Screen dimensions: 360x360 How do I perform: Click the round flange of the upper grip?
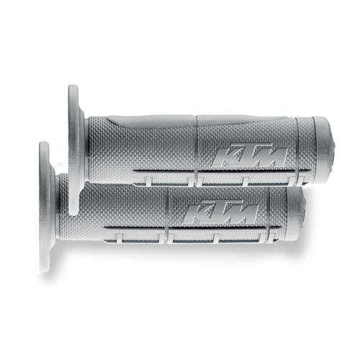click(73, 149)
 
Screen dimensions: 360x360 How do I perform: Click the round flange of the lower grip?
click(45, 207)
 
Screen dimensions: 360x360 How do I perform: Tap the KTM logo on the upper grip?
click(250, 156)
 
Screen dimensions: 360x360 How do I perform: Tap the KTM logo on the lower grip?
click(220, 212)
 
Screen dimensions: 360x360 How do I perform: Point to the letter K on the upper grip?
click(225, 156)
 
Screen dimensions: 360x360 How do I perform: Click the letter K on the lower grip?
click(195, 212)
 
